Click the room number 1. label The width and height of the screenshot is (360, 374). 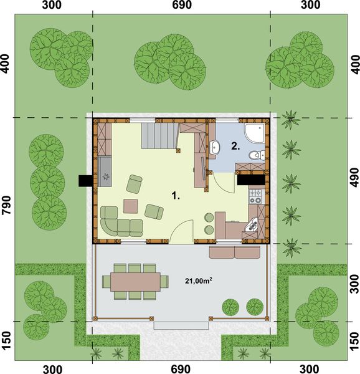coord(176,196)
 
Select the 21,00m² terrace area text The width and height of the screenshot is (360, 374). coord(198,280)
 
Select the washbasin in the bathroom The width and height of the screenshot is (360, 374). coord(214,148)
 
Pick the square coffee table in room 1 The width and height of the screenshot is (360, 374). coord(131,205)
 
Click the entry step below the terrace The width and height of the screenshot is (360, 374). coord(181,325)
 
